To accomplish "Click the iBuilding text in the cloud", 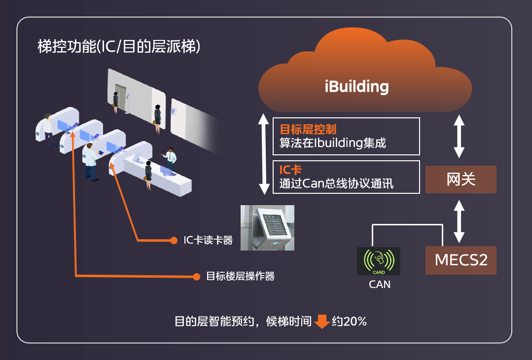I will pos(357,87).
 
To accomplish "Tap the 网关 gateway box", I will pos(461,180).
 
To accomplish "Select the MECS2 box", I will pos(461,259).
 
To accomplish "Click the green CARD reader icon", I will pos(379,261).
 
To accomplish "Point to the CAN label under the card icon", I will pos(379,285).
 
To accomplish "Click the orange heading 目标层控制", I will pos(308,129).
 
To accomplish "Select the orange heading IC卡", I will pos(290,171).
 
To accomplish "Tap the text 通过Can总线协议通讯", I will pos(336,184).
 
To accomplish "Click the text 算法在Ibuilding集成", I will pos(332,143).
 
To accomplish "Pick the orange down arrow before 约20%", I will pos(322,322).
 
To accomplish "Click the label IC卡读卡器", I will pos(208,240).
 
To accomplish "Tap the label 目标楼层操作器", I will pos(240,276).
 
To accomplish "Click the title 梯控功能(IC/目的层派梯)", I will pos(119,47).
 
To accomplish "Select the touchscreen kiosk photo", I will pos(267,227).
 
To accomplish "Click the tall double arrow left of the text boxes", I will pos(265,154).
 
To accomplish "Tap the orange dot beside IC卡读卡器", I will pos(174,240).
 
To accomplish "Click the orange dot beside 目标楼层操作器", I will pos(196,276).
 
